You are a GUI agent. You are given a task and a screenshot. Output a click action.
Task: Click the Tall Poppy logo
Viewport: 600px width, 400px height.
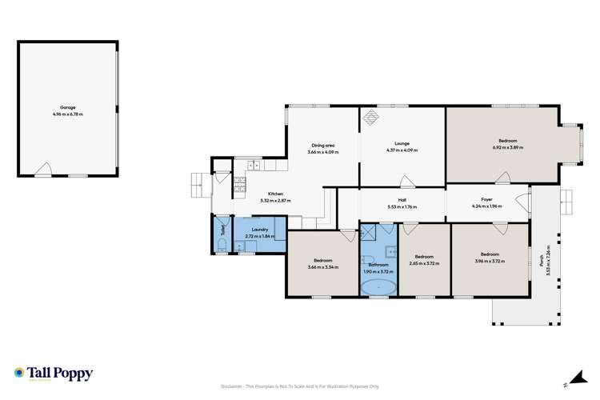(x=53, y=374)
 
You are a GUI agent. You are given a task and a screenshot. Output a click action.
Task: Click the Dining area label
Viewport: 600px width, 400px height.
(x=322, y=145)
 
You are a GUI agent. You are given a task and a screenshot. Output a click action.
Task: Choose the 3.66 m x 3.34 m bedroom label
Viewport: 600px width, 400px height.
(x=322, y=262)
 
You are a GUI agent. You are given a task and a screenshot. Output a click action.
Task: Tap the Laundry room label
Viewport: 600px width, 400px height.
(x=260, y=229)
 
